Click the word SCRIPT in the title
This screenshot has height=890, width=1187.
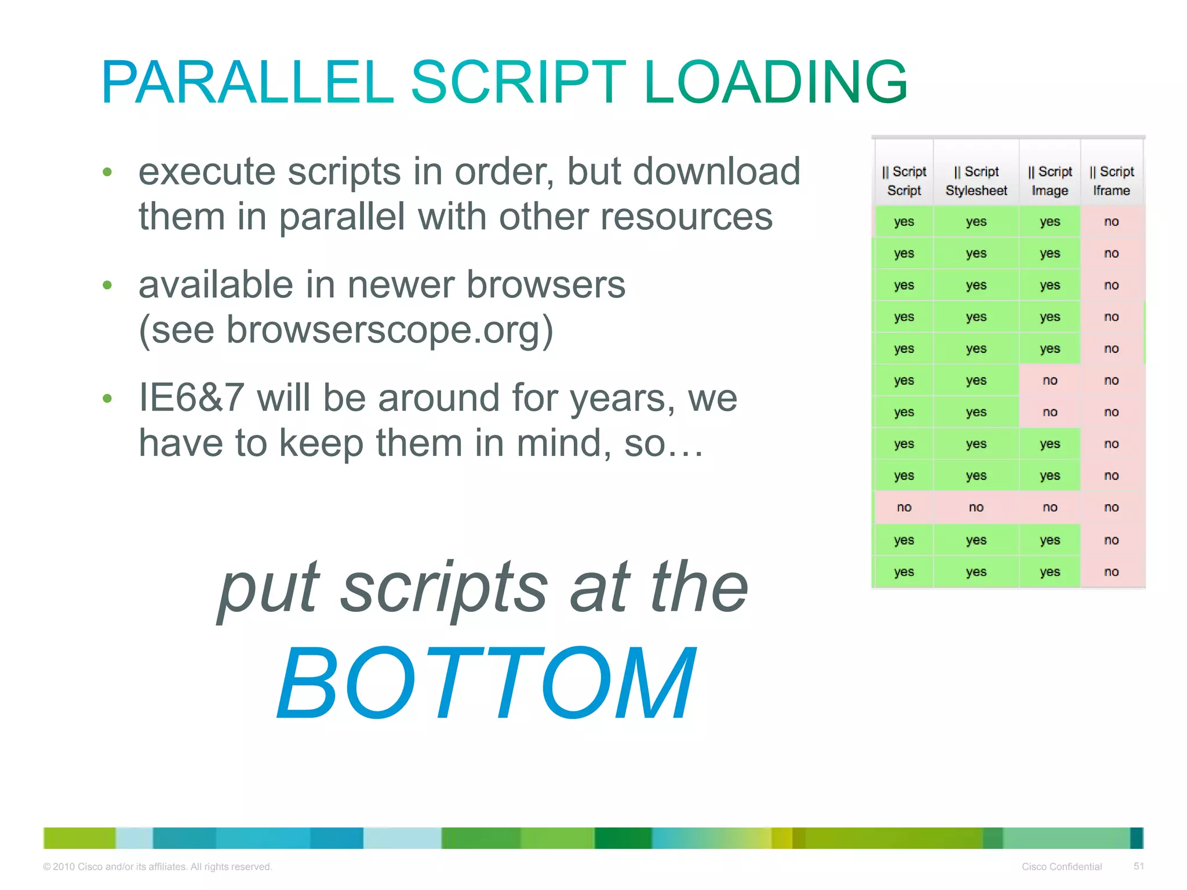[518, 82]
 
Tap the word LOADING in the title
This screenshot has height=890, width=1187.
[775, 82]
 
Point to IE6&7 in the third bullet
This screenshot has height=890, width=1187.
[191, 398]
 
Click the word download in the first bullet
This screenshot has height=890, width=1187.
[716, 172]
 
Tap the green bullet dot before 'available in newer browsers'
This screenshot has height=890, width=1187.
[107, 285]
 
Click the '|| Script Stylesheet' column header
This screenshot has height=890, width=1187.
[976, 181]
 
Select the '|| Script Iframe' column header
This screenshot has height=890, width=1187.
[1111, 181]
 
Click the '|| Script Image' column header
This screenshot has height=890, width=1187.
[1050, 181]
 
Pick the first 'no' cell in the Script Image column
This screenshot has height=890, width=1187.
[1050, 381]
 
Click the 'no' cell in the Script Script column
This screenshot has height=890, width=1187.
[904, 508]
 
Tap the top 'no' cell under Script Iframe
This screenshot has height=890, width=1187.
[1111, 222]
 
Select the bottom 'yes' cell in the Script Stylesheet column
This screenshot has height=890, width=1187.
[976, 572]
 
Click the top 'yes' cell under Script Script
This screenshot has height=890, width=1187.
[904, 222]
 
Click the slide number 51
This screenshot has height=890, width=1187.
[1138, 866]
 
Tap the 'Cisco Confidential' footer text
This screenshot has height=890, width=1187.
[1061, 867]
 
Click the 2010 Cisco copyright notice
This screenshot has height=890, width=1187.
[157, 867]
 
